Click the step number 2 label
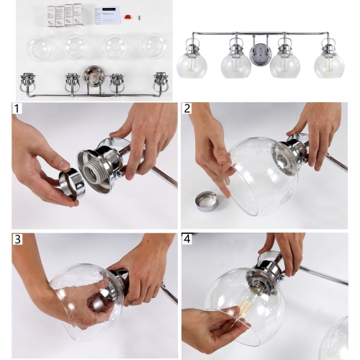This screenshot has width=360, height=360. click(188, 110)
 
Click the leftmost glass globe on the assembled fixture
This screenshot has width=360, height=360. click(193, 64)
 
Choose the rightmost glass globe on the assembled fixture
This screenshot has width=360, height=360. click(329, 64)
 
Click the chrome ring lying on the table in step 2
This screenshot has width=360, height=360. click(205, 202)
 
